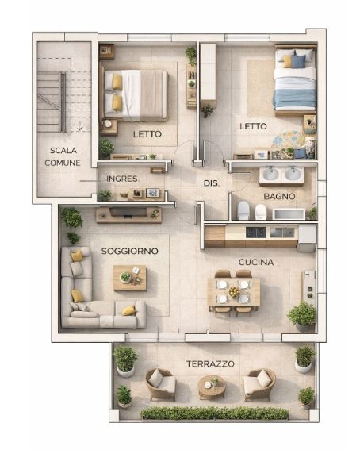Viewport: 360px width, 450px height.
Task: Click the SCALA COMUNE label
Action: coord(63,156)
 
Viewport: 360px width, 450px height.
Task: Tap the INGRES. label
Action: coord(122,179)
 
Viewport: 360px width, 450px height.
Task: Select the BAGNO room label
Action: coord(279,196)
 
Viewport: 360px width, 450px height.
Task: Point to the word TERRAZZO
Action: coord(210,364)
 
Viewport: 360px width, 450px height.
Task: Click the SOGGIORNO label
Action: coord(130,251)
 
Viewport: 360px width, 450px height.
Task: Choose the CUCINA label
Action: coord(256,262)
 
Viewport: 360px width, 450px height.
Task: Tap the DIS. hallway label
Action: coord(211,183)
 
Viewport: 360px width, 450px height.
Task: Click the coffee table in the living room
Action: coord(130,278)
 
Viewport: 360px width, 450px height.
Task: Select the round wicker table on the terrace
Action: coord(212,387)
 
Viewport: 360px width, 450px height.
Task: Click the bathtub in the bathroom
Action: coord(289,214)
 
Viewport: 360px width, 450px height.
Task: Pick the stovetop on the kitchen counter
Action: coord(256,233)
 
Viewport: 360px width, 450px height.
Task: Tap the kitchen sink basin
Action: coord(281,233)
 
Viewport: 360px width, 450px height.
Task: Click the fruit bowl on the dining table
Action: coord(234,292)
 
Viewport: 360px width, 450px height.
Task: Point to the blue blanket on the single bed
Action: coord(295,98)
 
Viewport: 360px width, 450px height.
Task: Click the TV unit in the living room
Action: coord(128,214)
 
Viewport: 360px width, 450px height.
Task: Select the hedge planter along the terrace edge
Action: coord(214,413)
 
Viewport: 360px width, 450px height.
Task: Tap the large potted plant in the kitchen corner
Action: coord(302,315)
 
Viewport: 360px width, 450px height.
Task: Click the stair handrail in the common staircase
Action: coord(62,102)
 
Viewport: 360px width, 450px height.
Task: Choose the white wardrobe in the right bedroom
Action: coord(209,71)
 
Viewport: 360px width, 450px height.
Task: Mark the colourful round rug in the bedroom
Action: coord(289,141)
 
